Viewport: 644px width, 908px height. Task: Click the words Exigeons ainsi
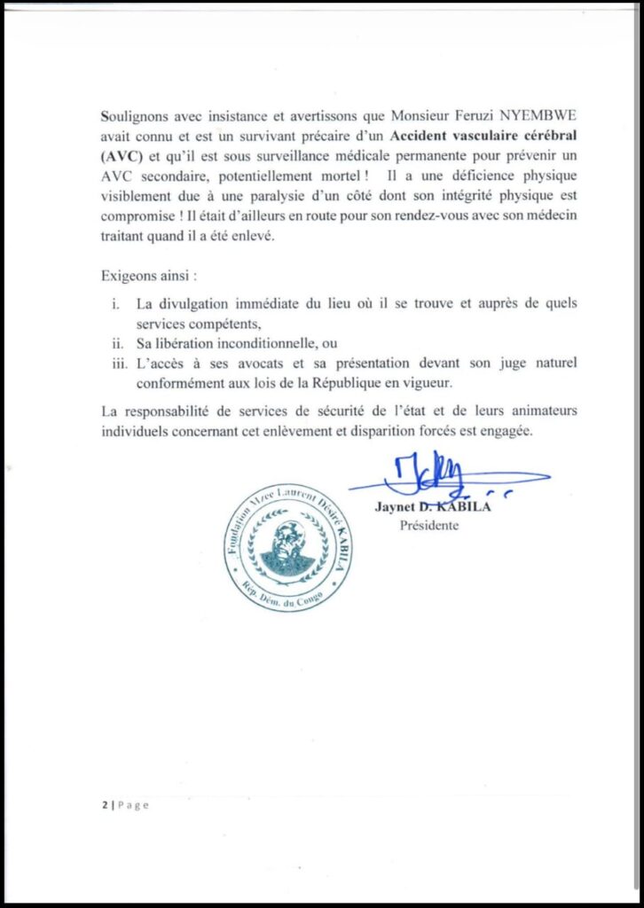point(146,275)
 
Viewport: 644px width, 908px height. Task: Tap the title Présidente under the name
point(430,526)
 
